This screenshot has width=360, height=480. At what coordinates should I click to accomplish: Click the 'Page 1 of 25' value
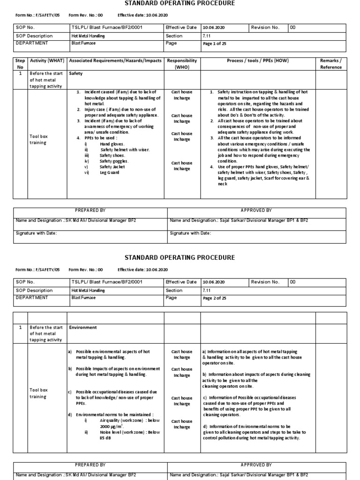click(x=214, y=44)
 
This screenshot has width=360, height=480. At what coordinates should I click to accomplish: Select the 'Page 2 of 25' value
click(x=214, y=298)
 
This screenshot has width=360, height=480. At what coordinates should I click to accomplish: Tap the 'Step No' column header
click(x=20, y=64)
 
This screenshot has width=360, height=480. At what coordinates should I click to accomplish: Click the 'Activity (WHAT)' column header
click(x=46, y=61)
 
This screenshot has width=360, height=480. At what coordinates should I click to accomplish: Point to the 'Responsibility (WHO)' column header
click(x=181, y=64)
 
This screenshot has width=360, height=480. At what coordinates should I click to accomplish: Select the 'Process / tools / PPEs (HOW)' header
click(x=258, y=61)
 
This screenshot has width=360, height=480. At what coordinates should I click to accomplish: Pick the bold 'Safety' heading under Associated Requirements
click(x=76, y=74)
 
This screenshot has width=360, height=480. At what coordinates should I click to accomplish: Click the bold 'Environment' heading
click(x=83, y=328)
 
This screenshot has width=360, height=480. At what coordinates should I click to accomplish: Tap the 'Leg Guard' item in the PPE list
click(x=109, y=172)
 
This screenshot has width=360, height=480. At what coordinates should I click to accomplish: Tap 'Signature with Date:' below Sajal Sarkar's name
click(x=190, y=233)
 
